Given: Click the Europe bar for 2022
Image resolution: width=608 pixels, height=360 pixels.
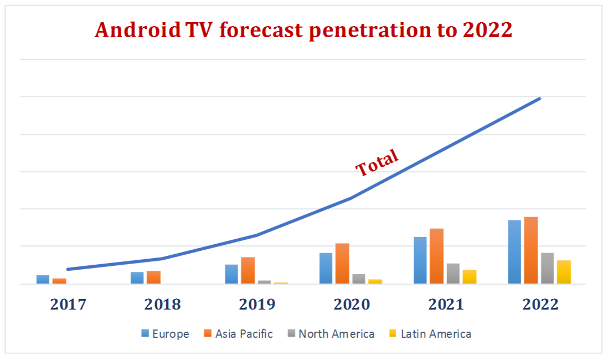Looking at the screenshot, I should click(x=514, y=252).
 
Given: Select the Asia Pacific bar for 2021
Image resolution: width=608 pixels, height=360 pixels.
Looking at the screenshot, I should click(x=436, y=256).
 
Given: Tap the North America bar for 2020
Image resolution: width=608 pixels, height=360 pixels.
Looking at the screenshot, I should click(x=359, y=279).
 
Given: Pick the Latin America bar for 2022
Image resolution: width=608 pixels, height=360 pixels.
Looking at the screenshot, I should click(x=564, y=272).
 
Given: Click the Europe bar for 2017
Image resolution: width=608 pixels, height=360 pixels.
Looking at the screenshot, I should click(x=43, y=279).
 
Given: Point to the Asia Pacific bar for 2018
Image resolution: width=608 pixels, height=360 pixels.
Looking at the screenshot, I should click(x=153, y=277).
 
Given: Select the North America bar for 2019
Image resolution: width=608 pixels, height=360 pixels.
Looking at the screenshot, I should click(x=265, y=282).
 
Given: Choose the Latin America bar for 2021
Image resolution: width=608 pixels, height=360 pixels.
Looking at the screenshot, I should click(x=470, y=276).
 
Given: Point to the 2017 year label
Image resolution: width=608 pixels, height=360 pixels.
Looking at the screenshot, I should click(x=68, y=304).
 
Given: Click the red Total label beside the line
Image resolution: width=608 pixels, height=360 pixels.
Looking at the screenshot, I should click(x=377, y=163).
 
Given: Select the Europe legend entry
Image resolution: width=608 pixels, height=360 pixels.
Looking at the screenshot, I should click(x=165, y=333).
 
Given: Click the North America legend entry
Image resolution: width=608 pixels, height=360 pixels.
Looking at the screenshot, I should click(x=331, y=333).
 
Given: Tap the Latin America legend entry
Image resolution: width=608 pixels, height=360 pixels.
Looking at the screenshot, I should click(x=430, y=333).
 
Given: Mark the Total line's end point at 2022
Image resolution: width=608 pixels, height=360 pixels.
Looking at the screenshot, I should click(x=539, y=99).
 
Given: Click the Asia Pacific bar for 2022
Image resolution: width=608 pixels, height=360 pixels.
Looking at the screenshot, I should click(x=531, y=250).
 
